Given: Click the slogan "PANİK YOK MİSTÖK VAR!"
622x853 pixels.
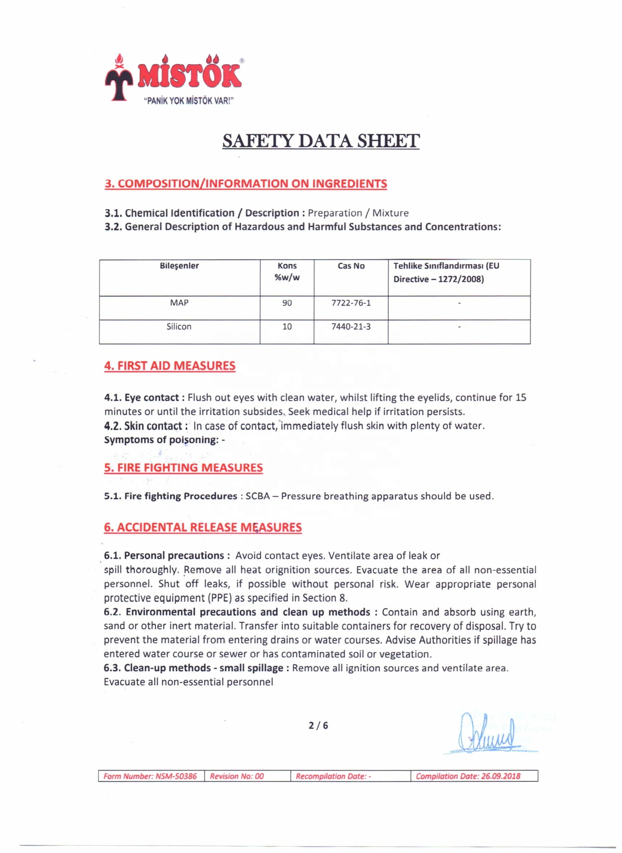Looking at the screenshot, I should point(189,101).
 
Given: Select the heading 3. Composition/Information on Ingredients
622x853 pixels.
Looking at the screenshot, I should point(246,183).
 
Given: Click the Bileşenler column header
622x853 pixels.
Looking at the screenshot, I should point(179,266).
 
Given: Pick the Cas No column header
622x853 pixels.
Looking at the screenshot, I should point(351,266).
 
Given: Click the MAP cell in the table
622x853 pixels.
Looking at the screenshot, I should point(179,303).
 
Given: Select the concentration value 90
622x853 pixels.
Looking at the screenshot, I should point(287,303).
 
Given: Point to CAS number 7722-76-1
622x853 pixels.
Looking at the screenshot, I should point(351,303).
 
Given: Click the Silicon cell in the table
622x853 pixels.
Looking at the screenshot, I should point(179,327).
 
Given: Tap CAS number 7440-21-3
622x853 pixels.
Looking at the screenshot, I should point(351,327).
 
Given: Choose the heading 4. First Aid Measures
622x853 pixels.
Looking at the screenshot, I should point(170,366).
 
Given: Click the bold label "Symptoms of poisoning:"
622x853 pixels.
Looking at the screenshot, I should point(162,440).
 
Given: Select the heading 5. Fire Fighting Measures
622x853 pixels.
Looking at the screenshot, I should point(183,468).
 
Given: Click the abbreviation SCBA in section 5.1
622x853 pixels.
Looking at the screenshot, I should point(258,496).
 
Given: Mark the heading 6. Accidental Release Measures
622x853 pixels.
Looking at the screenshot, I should point(203,527).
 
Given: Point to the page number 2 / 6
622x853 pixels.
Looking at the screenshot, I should point(318,726).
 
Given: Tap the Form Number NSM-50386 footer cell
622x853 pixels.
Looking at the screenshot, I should point(151,776).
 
